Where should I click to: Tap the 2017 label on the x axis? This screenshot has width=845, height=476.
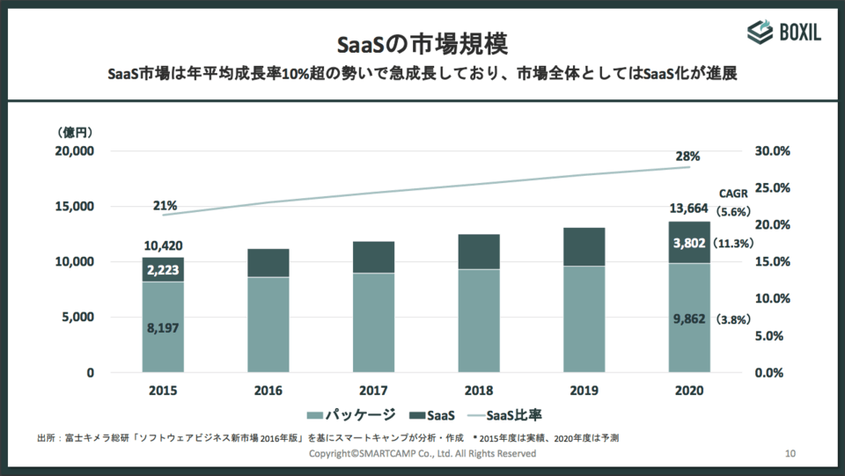point(373,391)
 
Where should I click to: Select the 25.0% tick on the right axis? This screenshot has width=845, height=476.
point(774,187)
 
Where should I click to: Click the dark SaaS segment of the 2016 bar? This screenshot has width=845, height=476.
point(268,262)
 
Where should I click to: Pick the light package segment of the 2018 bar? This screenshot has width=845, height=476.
point(479,320)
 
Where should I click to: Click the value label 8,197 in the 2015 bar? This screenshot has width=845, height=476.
point(163,328)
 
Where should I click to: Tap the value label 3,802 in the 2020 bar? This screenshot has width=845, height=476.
point(688,243)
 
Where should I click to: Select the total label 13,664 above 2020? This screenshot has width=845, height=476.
point(688,208)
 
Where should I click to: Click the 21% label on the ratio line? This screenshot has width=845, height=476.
point(164,206)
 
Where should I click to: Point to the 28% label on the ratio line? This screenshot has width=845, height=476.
point(688,157)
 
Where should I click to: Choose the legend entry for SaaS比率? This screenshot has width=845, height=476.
point(508,414)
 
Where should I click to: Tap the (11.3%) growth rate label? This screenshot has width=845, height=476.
point(732,244)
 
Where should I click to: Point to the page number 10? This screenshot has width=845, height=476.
point(790,453)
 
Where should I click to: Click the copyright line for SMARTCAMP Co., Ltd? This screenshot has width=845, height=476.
point(422,453)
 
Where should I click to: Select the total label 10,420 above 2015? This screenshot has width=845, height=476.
point(163,245)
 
